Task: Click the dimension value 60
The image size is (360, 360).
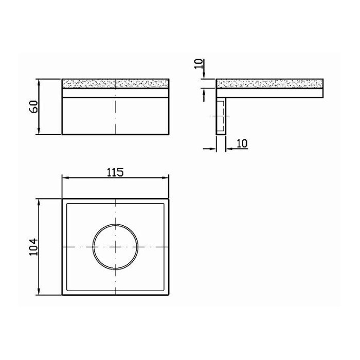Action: (34, 106)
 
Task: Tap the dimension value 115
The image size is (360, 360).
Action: (115, 172)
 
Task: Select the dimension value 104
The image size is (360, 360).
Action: (33, 247)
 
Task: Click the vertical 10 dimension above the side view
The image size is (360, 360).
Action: (199, 64)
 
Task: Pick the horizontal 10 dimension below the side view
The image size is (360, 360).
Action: (242, 143)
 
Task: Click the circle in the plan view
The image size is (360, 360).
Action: (115, 224)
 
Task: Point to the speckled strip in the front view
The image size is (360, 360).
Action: (116, 83)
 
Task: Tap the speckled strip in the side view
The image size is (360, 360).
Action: (270, 83)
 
